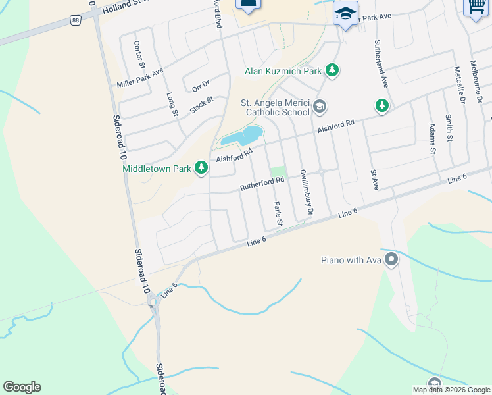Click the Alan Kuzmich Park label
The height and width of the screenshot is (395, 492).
[x=284, y=70]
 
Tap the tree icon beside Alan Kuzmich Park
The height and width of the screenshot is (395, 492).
[x=332, y=70]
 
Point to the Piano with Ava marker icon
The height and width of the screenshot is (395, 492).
[x=391, y=260]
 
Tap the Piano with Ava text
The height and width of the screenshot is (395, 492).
[x=351, y=260]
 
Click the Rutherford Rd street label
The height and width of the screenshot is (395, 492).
[x=262, y=180]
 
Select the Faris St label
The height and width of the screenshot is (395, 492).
[x=278, y=214]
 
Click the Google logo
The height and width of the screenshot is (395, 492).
[x=22, y=387]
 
